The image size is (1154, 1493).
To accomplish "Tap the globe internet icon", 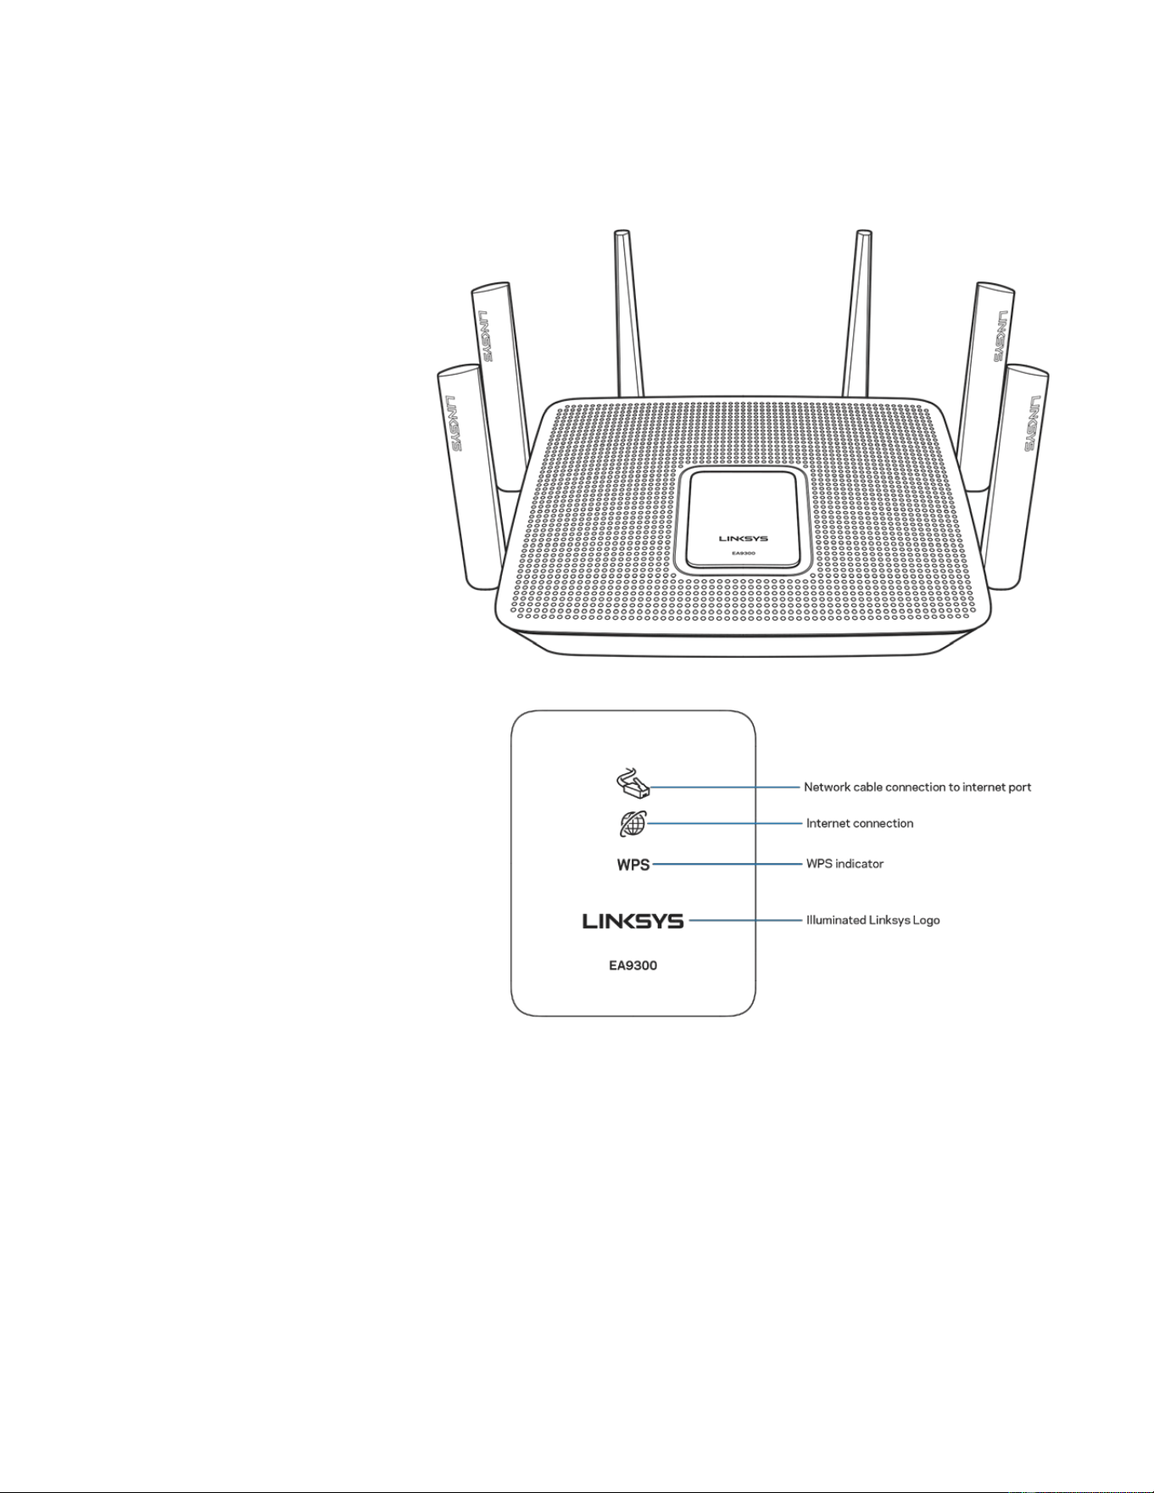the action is point(633,823).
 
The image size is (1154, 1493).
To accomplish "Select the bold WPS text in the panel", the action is point(633,865).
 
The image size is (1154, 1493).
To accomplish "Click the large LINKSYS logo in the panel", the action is point(633,921).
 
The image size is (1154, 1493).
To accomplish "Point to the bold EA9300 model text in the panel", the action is point(633,965).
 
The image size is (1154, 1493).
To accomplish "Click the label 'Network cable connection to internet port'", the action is point(917,787).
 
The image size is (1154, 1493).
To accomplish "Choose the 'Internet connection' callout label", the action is point(860,823).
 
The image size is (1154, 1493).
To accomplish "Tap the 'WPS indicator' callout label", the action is point(845,864).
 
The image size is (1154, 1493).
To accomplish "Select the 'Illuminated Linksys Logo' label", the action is point(872,920).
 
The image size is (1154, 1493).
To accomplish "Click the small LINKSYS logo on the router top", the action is point(743,538).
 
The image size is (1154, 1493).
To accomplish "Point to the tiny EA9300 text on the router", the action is point(744,554).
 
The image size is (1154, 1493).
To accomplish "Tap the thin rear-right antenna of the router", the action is point(857,314).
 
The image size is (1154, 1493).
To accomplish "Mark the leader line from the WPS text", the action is point(728,864).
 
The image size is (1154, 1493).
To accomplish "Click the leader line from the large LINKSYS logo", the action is point(746,920).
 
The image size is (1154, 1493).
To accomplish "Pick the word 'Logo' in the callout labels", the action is point(927,921).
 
